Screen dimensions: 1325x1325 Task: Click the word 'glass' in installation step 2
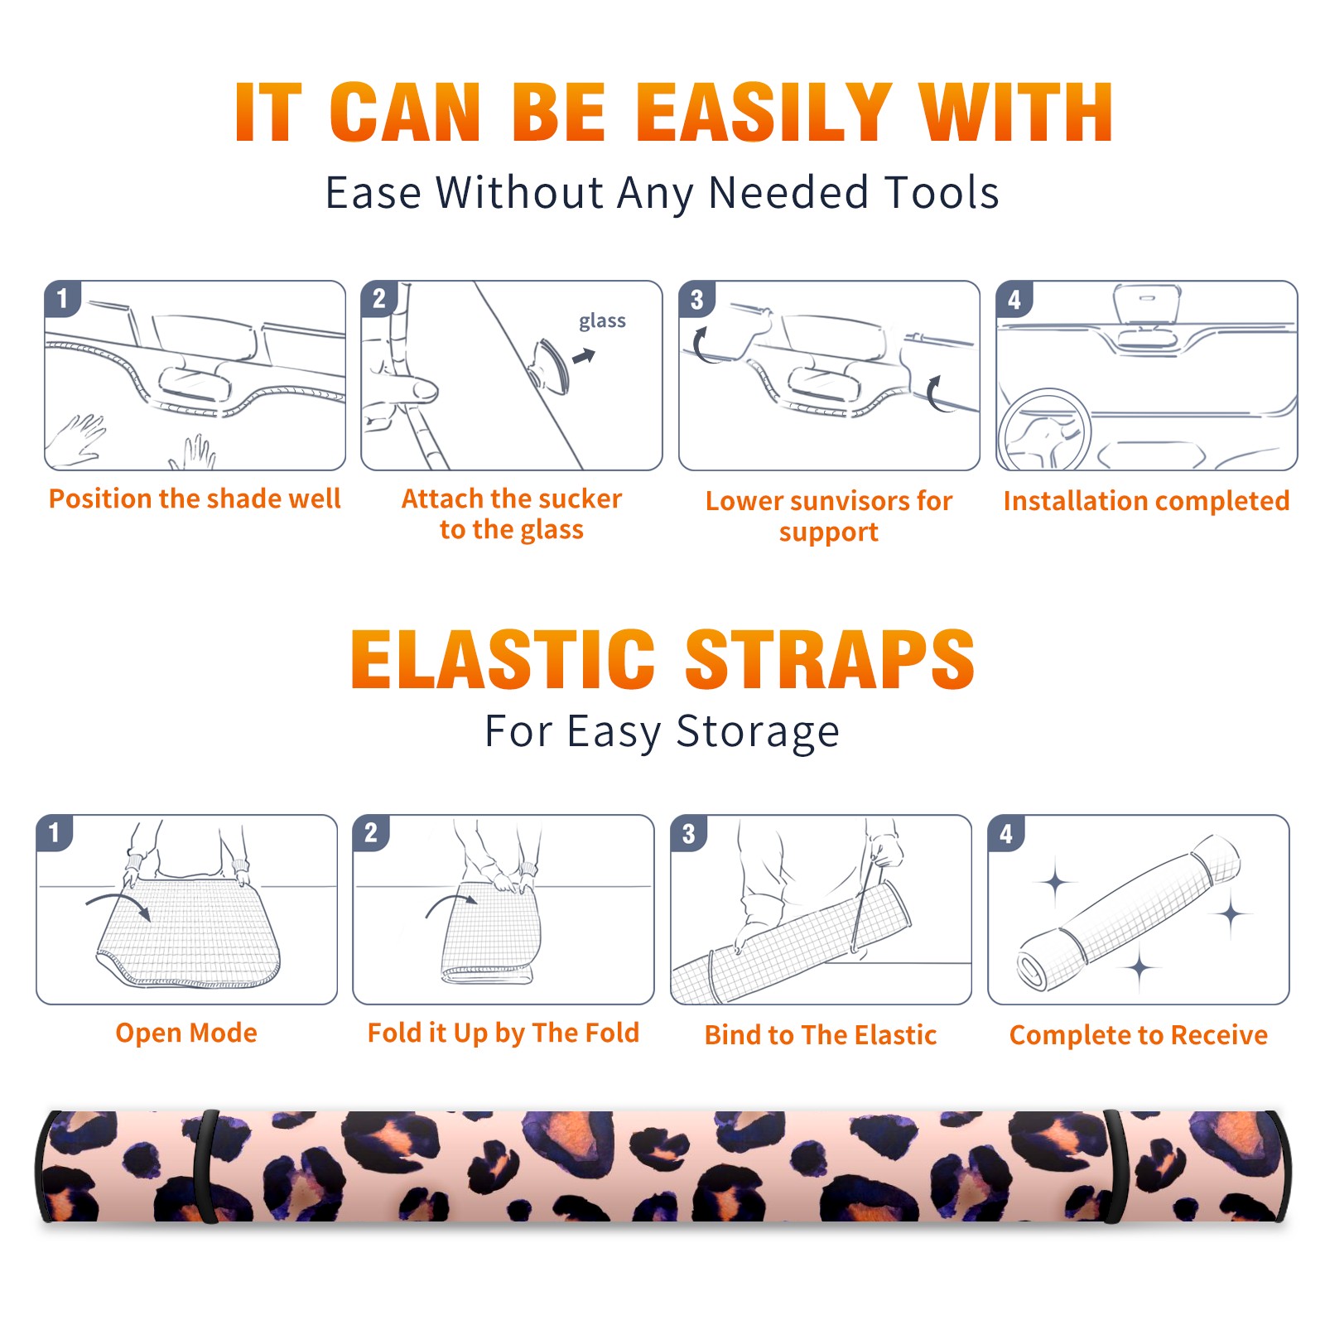602,321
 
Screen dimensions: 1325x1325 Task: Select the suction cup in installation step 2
550,365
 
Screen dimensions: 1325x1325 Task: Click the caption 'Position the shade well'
195,499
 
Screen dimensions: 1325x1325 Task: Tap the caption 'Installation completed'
1146,500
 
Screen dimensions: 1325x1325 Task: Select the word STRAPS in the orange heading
830,659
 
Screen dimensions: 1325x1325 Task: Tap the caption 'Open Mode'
186,1033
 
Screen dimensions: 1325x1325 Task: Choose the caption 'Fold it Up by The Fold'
503,1033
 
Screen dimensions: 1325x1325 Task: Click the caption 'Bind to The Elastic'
821,1035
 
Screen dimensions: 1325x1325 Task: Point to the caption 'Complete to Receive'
1139,1035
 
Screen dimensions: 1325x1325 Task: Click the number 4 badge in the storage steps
1006,833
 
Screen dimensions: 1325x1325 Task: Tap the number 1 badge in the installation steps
62,298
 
